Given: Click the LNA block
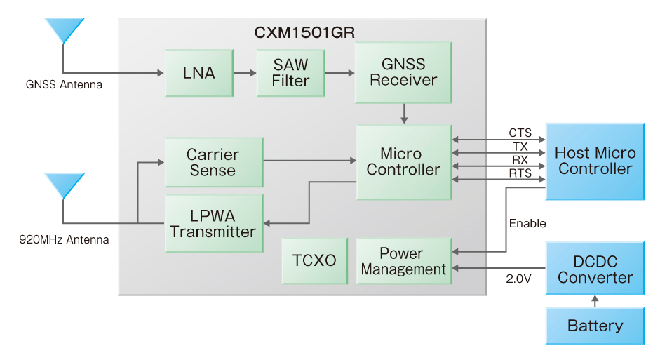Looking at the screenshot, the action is pos(199,73).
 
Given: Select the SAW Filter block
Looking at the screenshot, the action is pos(290,73).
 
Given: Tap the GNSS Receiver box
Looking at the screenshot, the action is pos(403,72).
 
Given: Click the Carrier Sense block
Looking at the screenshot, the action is pos(214,162).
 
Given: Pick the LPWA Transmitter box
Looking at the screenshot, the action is pos(214,223).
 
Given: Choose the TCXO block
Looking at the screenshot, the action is pos(314,261).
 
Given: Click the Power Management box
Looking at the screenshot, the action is pos(404,261).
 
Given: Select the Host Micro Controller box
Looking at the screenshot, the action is pos(595,161).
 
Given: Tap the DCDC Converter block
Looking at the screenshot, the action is pos(595,268).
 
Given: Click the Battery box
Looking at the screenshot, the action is pos(595,326).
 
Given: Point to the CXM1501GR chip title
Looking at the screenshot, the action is pos(304,32).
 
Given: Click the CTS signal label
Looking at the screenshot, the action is pos(520,133).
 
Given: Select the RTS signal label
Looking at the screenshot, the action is pos(520,173).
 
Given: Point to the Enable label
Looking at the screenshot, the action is pos(527,223).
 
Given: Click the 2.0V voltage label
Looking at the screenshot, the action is pos(518,279).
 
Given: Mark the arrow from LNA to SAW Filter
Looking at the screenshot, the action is pos(245,73).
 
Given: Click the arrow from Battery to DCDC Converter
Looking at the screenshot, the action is pos(595,301).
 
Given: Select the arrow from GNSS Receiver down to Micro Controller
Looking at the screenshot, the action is pos(404,114).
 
